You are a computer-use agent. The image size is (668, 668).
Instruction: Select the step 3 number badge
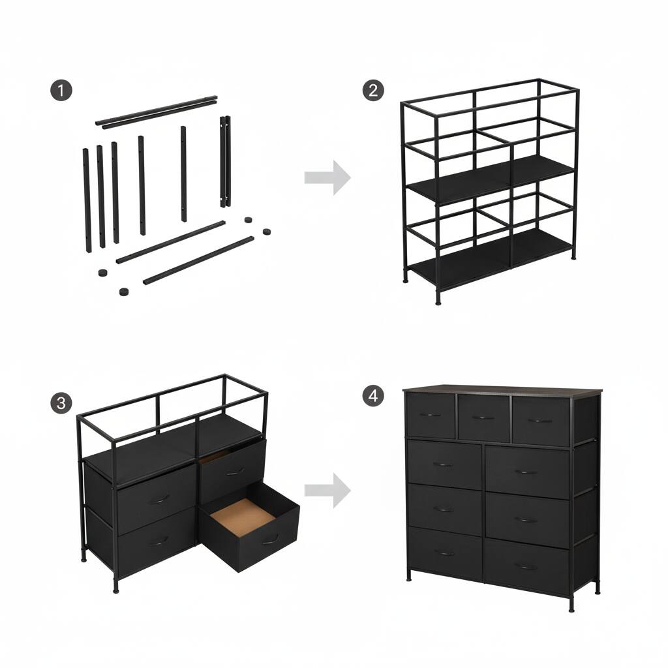(x=61, y=403)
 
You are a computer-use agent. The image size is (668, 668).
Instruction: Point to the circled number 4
(x=372, y=396)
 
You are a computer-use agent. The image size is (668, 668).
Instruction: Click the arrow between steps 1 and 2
(x=327, y=177)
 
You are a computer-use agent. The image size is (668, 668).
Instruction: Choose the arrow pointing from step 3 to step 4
(x=327, y=490)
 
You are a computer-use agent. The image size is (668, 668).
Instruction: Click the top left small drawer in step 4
(x=430, y=416)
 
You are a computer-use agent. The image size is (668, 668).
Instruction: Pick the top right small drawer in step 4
(x=540, y=421)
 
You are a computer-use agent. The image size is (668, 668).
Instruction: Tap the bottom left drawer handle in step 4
(x=444, y=553)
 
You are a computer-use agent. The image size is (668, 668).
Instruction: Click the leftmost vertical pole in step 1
(x=85, y=199)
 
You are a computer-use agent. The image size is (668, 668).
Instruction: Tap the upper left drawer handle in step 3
(x=158, y=500)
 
